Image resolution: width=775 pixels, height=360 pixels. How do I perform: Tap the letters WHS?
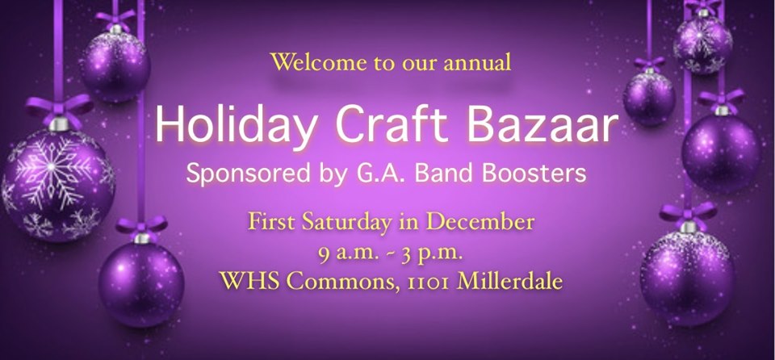pyautogui.click(x=249, y=281)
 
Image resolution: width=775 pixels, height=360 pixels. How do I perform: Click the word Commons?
pyautogui.click(x=344, y=282)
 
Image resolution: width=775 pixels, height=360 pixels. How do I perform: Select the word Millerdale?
pyautogui.click(x=510, y=281)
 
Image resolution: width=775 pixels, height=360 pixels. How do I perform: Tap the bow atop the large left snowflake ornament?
pyautogui.click(x=59, y=109)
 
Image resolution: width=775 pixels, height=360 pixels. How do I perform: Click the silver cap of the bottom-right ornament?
pyautogui.click(x=689, y=227)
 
